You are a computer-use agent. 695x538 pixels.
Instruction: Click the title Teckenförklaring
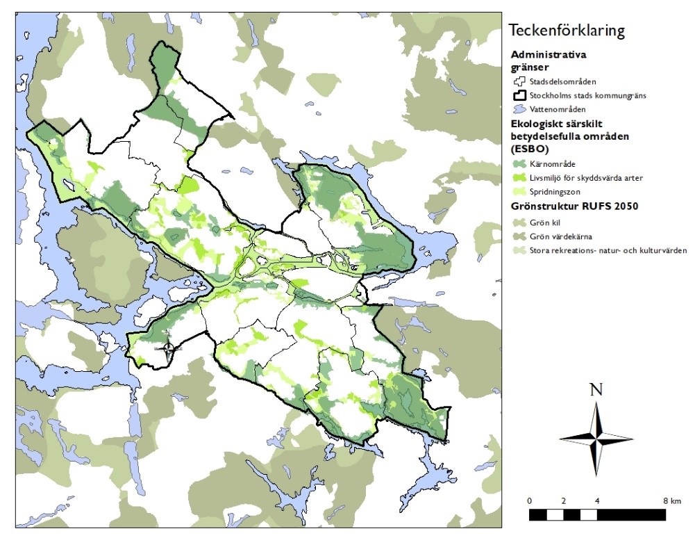click(x=567, y=31)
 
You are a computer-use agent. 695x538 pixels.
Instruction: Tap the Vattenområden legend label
click(x=557, y=109)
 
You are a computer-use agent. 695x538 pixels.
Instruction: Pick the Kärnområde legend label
click(x=552, y=164)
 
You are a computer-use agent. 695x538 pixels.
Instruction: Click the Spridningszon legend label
click(x=555, y=192)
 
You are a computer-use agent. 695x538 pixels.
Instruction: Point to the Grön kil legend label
click(x=545, y=222)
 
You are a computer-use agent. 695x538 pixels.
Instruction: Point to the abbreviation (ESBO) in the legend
click(x=527, y=147)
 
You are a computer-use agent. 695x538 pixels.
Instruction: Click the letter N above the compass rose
click(x=596, y=390)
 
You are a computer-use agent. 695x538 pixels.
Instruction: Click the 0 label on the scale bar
click(x=530, y=500)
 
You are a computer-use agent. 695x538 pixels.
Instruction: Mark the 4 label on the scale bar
click(x=597, y=500)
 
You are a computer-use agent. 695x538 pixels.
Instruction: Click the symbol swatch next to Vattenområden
click(x=518, y=109)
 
